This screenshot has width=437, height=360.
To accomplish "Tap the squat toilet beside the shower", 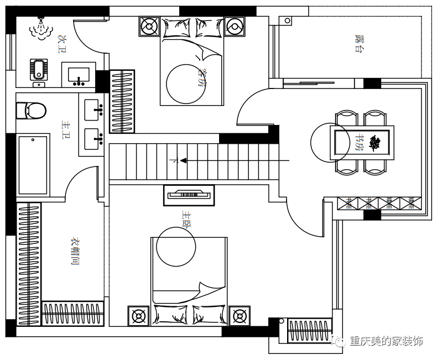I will [x=38, y=70].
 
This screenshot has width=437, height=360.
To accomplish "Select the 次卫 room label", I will [x=62, y=44].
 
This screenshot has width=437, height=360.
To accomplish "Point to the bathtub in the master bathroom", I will [x=33, y=165].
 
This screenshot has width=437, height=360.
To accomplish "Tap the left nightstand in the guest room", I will [x=149, y=26].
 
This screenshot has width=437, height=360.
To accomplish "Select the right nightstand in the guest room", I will [x=234, y=26].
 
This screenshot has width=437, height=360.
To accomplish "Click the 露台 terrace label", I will [x=360, y=43].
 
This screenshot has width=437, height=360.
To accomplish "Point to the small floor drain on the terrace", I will [x=287, y=21].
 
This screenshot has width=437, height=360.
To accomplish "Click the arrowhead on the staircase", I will [x=182, y=161].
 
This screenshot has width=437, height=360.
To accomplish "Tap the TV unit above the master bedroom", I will [x=189, y=195].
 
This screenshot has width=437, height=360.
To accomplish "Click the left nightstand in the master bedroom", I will [x=138, y=316].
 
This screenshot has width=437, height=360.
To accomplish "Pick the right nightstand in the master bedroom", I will [x=240, y=316].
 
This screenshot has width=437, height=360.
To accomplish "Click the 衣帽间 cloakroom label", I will [x=74, y=251].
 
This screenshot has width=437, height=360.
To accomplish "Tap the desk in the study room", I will [x=362, y=143].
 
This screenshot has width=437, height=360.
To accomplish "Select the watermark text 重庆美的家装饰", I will [x=386, y=341].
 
